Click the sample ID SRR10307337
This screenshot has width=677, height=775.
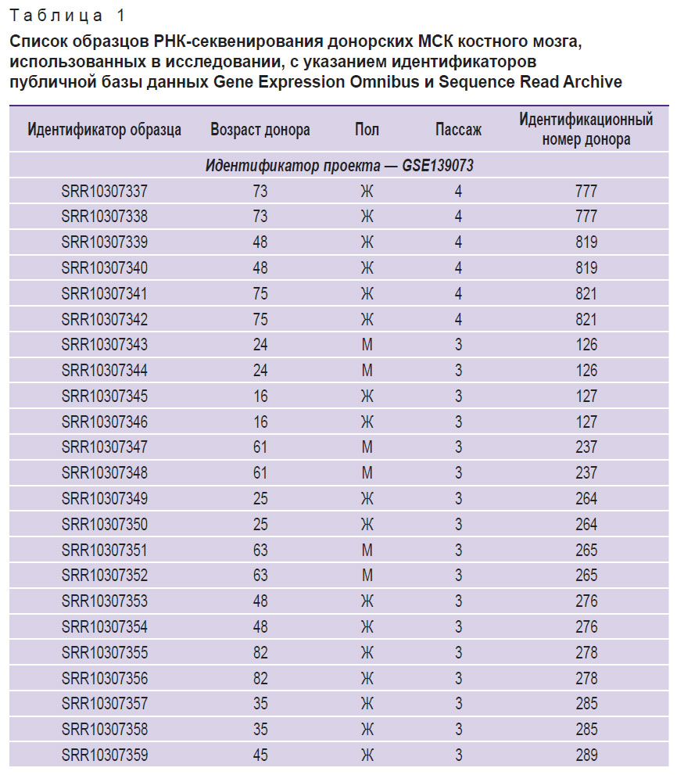pos(104,191)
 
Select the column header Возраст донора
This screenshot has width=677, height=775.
pos(260,130)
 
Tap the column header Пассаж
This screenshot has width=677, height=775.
pos(458,130)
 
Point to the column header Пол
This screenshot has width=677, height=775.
pos(367,130)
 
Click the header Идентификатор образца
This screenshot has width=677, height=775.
pos(104,130)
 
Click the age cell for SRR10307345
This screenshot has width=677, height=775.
pos(260,396)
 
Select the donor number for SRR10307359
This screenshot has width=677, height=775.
pos(586,755)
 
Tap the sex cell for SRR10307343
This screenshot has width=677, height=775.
pos(367,345)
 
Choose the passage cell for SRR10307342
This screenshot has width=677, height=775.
pos(458,319)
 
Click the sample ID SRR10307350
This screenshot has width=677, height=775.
pos(104,524)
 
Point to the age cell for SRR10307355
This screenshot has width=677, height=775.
pos(260,652)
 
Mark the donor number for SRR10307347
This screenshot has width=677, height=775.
pos(586,447)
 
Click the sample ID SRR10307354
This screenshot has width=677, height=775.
pos(104,627)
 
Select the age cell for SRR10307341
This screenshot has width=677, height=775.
pos(260,294)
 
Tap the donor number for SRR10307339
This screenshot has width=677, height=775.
pos(586,242)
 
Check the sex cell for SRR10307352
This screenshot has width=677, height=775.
pos(367,576)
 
